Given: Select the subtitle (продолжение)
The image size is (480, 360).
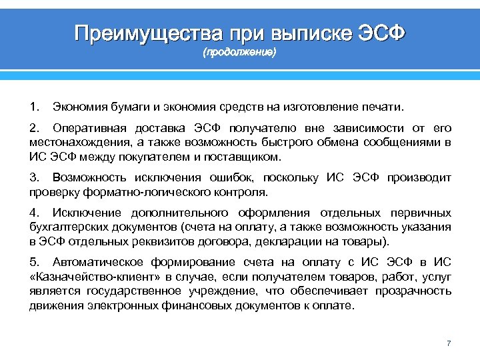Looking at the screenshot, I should coord(239,53).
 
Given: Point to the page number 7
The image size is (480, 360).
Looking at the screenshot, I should coord(449,343).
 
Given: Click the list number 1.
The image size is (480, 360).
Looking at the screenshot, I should coord(33,107).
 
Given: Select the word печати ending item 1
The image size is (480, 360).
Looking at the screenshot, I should coord(385,107).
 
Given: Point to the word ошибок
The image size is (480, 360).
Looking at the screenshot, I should coord(235,178).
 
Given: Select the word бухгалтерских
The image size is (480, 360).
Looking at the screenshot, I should coord(64,227).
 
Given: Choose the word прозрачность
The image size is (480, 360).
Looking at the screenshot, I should coord(413,291).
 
